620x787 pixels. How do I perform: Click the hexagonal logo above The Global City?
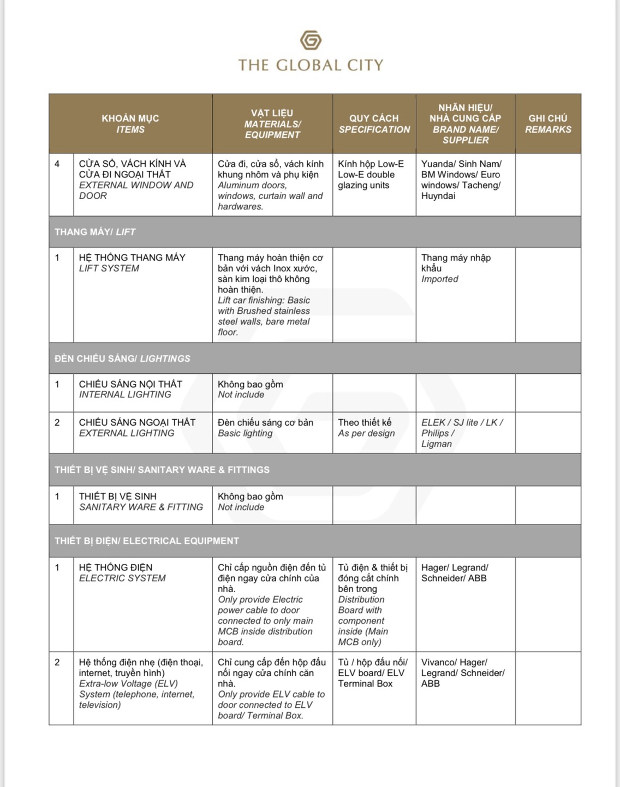point(311,40)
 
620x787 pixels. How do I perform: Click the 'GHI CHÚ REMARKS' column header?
point(548,124)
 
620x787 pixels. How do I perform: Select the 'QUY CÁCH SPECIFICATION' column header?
point(374,124)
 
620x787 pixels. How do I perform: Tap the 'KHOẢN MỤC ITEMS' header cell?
point(130,124)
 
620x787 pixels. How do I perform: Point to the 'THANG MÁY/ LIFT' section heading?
point(95,232)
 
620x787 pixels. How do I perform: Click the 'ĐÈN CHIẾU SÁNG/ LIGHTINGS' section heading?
point(122,359)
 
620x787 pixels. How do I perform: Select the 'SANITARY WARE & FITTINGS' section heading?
point(162,470)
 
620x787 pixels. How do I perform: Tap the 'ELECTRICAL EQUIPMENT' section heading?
point(147,541)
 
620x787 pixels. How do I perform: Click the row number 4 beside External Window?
point(57,164)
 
